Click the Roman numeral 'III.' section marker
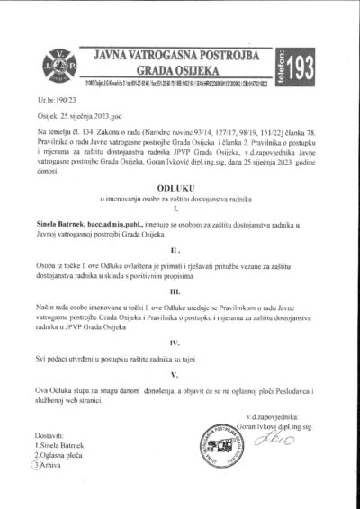181,317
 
